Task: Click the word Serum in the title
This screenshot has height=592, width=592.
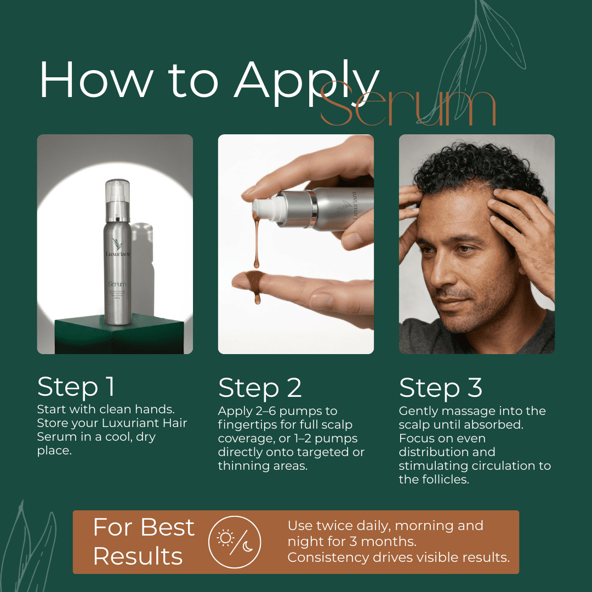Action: [x=408, y=107]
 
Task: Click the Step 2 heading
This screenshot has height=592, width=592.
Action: [x=260, y=388]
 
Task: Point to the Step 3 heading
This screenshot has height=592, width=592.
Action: [x=441, y=388]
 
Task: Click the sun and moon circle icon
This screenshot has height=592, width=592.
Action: [x=235, y=542]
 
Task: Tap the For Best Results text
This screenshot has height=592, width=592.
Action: [x=144, y=542]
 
